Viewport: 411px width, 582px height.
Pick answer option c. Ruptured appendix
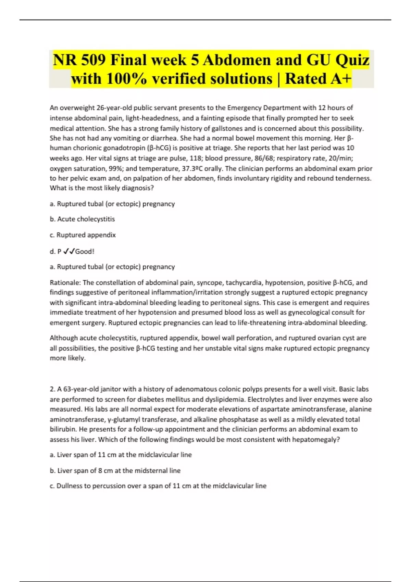tap(83, 235)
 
